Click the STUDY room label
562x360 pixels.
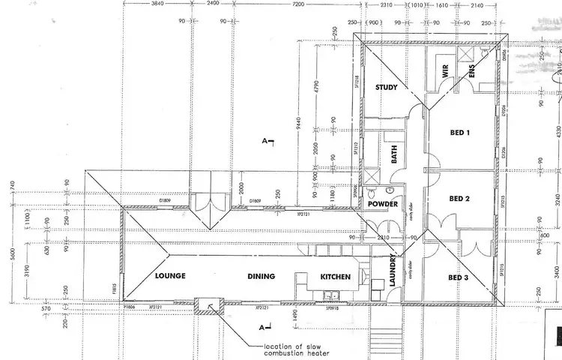click(386, 88)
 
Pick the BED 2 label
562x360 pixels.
click(459, 199)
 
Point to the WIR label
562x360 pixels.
click(444, 76)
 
